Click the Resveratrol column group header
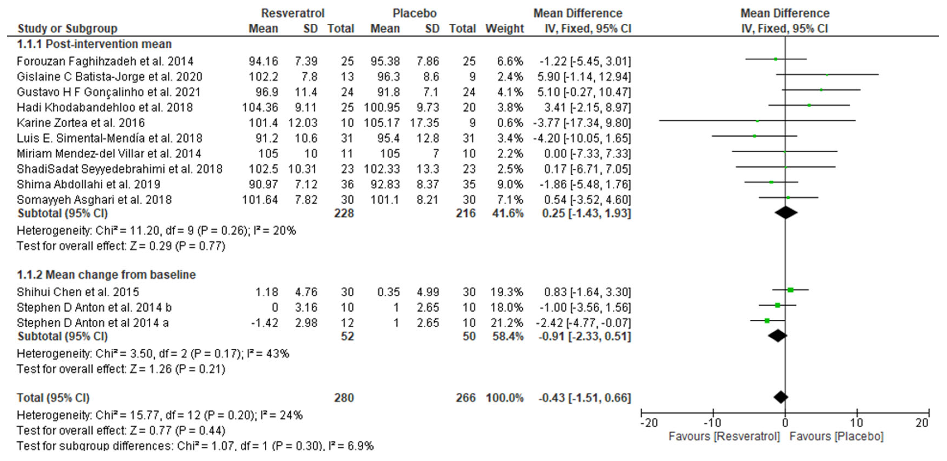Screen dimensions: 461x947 (x=293, y=13)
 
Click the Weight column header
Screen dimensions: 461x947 (x=504, y=29)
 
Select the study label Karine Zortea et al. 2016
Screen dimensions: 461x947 (x=81, y=123)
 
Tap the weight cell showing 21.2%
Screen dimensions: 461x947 (x=507, y=323)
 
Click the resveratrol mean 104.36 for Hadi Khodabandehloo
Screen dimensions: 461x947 (x=260, y=107)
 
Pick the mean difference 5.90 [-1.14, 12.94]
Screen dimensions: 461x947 (x=584, y=76)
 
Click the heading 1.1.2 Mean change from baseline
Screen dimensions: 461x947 (x=106, y=275)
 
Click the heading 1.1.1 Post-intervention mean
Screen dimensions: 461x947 (x=94, y=44)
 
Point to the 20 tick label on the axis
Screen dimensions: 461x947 (x=922, y=423)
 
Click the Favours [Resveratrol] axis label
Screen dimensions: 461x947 (x=724, y=437)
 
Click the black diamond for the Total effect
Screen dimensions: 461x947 (x=780, y=397)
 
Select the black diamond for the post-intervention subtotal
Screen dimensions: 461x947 (x=786, y=213)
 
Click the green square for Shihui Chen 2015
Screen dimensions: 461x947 (x=791, y=290)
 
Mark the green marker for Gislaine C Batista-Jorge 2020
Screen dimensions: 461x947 (x=827, y=75)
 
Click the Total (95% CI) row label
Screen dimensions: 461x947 (x=53, y=398)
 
